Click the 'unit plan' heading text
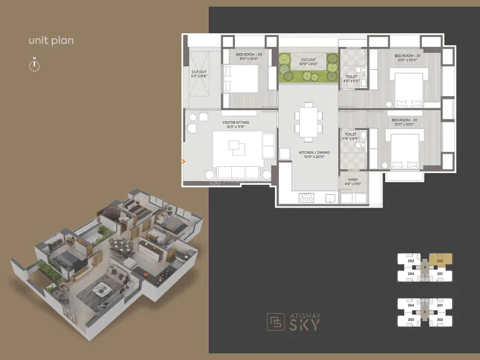[51, 41]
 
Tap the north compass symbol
[34, 65]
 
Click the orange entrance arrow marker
[183, 161]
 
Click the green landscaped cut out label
[307, 62]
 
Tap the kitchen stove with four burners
[307, 197]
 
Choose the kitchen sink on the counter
[331, 198]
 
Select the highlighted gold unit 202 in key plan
[440, 258]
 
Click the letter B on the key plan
[425, 266]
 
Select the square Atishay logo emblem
[275, 321]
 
